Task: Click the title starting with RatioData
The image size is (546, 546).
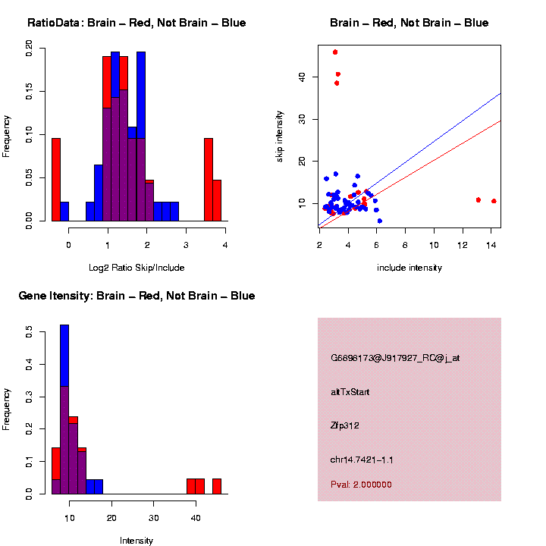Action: tap(136, 23)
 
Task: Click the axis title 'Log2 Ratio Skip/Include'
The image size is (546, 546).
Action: tap(136, 268)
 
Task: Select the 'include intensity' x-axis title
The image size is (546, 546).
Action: tap(409, 268)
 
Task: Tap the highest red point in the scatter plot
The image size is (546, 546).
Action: tap(335, 52)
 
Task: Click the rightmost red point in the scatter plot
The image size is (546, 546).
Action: tap(494, 201)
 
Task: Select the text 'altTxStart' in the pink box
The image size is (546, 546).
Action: tap(350, 392)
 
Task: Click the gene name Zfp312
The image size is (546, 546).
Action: tap(345, 425)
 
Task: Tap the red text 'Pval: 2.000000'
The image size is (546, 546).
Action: tap(361, 485)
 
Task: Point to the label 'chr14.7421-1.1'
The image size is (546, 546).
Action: tap(362, 460)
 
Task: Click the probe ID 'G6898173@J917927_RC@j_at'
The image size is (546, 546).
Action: tap(395, 358)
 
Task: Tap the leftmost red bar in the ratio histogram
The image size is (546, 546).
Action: tap(56, 179)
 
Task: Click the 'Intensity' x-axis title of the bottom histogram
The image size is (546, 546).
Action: tap(136, 541)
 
